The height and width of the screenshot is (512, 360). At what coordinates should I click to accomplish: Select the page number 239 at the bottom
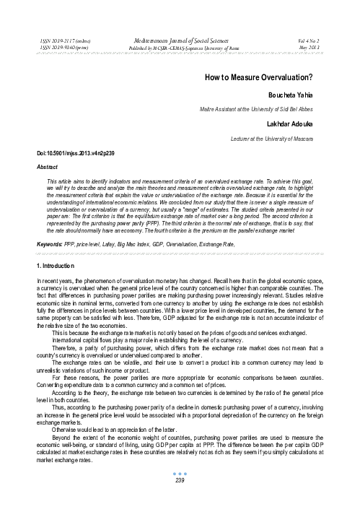[x=179, y=499]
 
